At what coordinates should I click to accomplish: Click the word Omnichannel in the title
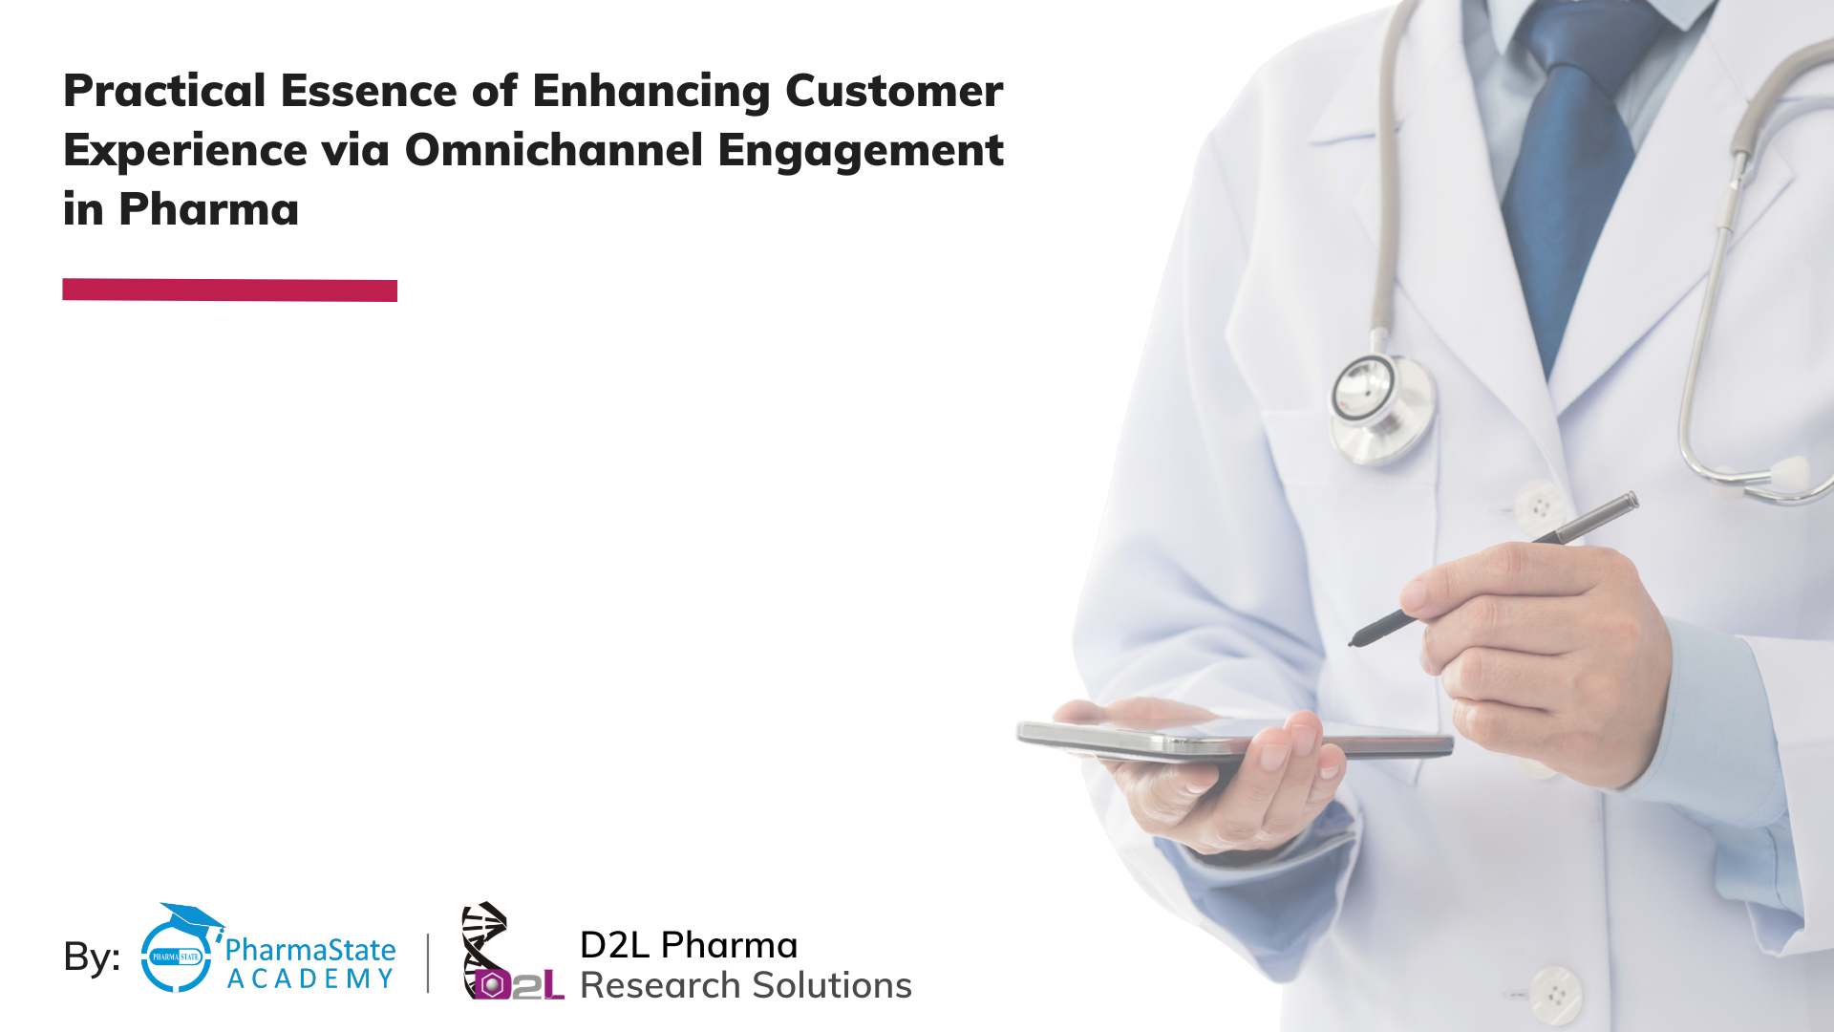pos(554,150)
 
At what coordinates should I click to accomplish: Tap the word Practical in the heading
pos(164,91)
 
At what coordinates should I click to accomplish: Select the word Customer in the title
pos(894,91)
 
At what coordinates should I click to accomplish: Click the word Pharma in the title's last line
pos(208,209)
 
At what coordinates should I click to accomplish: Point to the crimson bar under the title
pos(229,290)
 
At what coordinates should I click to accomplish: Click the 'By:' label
pos(92,957)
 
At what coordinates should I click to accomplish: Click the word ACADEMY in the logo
pos(310,978)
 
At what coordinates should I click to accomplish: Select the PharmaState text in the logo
pos(309,949)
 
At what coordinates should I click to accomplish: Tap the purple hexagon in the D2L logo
pos(490,985)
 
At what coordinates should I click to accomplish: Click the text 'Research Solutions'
pos(746,985)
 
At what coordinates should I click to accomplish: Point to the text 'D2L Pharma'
pos(689,945)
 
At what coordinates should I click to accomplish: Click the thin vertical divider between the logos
pos(427,962)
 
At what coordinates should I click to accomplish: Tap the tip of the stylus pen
pos(1351,643)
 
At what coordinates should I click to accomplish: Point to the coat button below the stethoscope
pos(1539,503)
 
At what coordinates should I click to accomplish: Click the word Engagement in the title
pos(861,150)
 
